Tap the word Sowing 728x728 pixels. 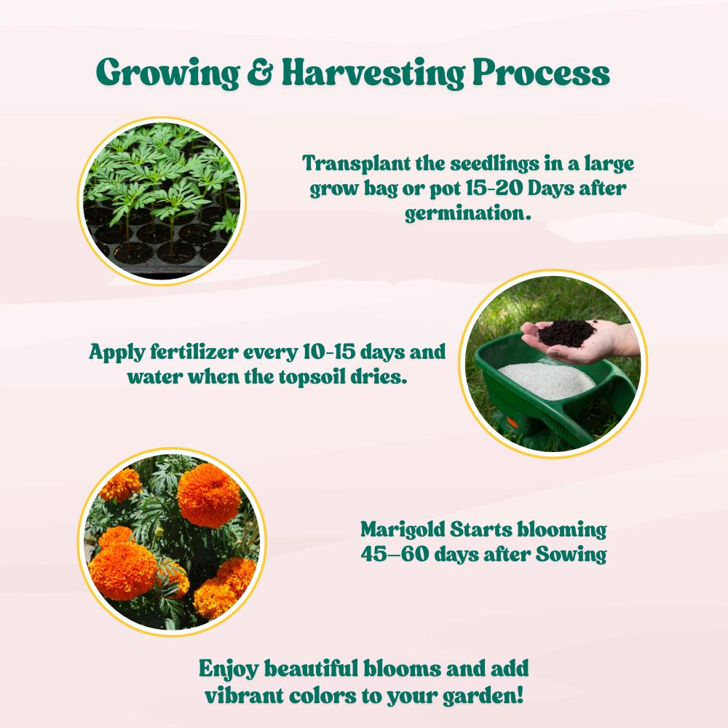coord(571,555)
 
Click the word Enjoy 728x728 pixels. coord(229,668)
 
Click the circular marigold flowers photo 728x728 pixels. coord(172,542)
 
